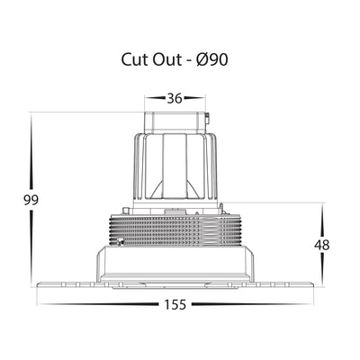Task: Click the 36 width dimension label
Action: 175,98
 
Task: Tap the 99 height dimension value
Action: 31,200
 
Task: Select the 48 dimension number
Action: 322,245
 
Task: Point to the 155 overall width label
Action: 175,305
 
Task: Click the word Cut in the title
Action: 134,59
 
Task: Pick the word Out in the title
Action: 166,59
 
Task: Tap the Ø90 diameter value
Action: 212,59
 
